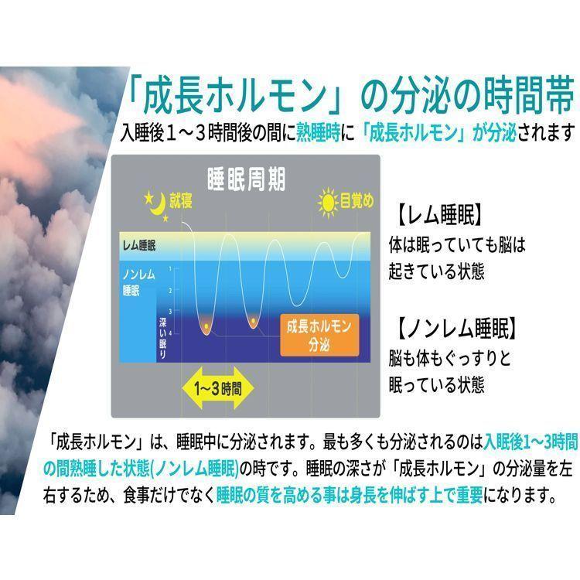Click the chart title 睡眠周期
[246, 179]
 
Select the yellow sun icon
[328, 203]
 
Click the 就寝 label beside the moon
[181, 201]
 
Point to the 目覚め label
[357, 201]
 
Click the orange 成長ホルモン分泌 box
[319, 335]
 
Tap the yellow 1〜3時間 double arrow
[218, 388]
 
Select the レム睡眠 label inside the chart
[138, 246]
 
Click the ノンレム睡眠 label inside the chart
[138, 282]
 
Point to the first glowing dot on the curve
[206, 326]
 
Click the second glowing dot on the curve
[253, 320]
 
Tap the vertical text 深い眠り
[162, 337]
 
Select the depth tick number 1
[170, 268]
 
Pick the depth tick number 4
[170, 333]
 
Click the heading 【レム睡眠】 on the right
[439, 215]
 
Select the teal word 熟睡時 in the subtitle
[318, 133]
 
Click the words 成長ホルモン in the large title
[235, 96]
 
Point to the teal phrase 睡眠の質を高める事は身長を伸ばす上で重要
[350, 496]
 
